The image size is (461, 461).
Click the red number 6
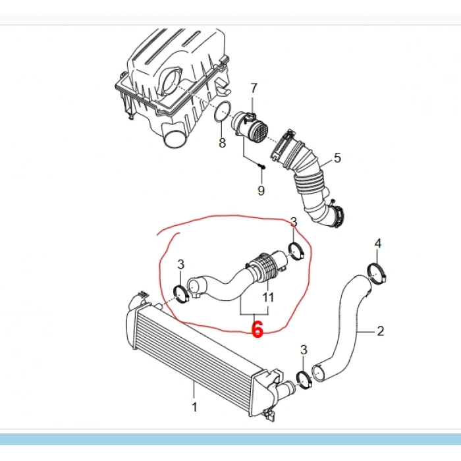point(258,329)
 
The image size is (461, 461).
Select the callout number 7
point(254,88)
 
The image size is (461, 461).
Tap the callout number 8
point(223,143)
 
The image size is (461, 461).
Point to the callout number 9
point(261,190)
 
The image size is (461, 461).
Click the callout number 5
point(337,158)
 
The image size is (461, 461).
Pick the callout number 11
point(268,297)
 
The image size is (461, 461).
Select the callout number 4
point(378,244)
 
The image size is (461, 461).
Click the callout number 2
point(381,331)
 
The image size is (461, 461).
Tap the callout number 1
point(194,407)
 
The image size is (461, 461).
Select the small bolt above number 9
point(261,167)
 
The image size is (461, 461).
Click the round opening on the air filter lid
point(172,80)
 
